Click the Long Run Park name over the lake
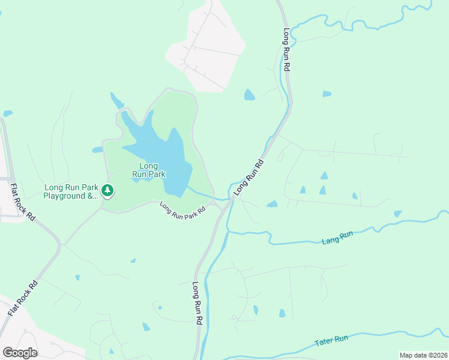click(x=148, y=170)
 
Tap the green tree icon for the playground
click(x=107, y=191)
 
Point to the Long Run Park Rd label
click(x=183, y=209)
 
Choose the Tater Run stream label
click(x=332, y=341)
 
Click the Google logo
click(x=20, y=353)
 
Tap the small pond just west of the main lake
click(x=97, y=150)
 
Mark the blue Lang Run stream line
click(x=288, y=243)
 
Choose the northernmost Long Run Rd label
click(x=286, y=51)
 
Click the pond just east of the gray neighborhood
click(x=249, y=95)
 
